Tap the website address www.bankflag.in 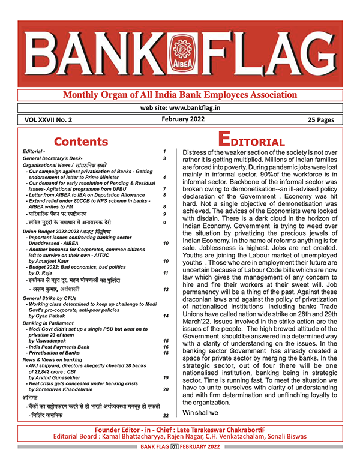click(180, 109)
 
